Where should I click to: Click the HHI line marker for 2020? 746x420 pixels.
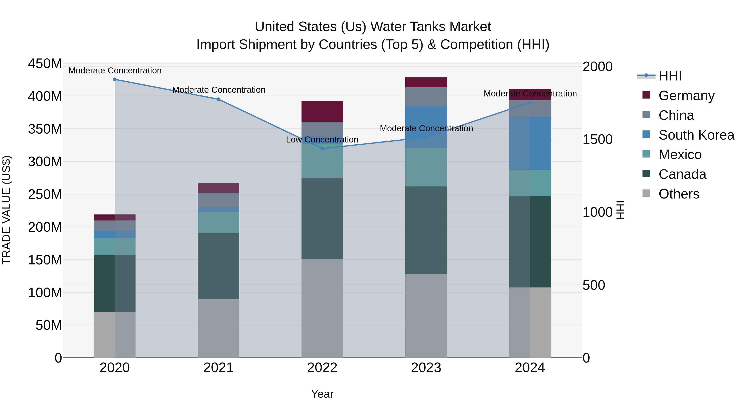[x=115, y=79]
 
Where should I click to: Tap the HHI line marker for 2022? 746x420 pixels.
[x=322, y=149]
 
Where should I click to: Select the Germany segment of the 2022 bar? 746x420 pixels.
[x=322, y=112]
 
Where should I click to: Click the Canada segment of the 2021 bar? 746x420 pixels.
[x=218, y=266]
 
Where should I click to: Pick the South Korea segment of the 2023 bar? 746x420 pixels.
[x=426, y=127]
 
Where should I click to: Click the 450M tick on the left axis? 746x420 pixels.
[x=45, y=63]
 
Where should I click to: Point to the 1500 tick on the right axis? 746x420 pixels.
[x=597, y=139]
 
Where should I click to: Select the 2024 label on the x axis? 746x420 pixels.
[x=530, y=368]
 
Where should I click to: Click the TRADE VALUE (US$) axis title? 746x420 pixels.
[x=6, y=210]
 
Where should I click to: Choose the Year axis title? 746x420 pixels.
[x=322, y=394]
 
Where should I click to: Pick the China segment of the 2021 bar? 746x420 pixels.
[x=218, y=200]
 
